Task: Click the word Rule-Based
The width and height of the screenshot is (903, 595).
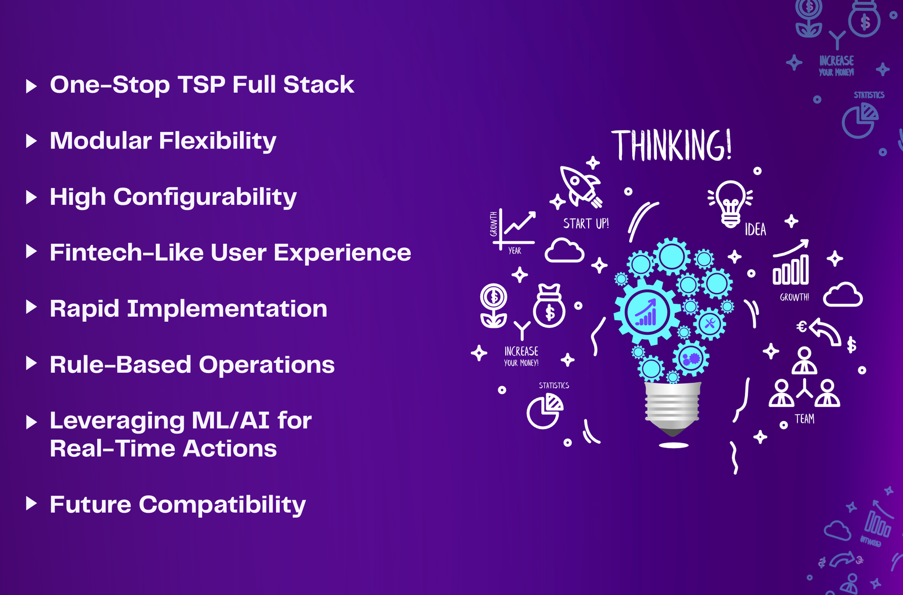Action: [x=121, y=365]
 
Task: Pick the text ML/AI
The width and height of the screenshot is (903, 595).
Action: [x=231, y=421]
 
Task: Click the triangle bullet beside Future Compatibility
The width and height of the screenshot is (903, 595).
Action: [x=31, y=504]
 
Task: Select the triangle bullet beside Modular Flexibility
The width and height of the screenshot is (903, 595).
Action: [x=31, y=141]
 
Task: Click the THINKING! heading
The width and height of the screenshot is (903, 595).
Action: [x=672, y=145]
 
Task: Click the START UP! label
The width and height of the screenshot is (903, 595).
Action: [x=586, y=224]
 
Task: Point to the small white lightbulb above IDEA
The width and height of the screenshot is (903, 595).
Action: [x=730, y=204]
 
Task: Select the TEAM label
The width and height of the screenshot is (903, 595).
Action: [x=805, y=419]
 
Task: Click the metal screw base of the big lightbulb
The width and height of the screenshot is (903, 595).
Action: [x=672, y=409]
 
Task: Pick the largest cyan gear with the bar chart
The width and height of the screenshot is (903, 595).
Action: [x=647, y=312]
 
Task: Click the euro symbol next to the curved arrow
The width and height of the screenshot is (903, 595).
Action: [x=801, y=326]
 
